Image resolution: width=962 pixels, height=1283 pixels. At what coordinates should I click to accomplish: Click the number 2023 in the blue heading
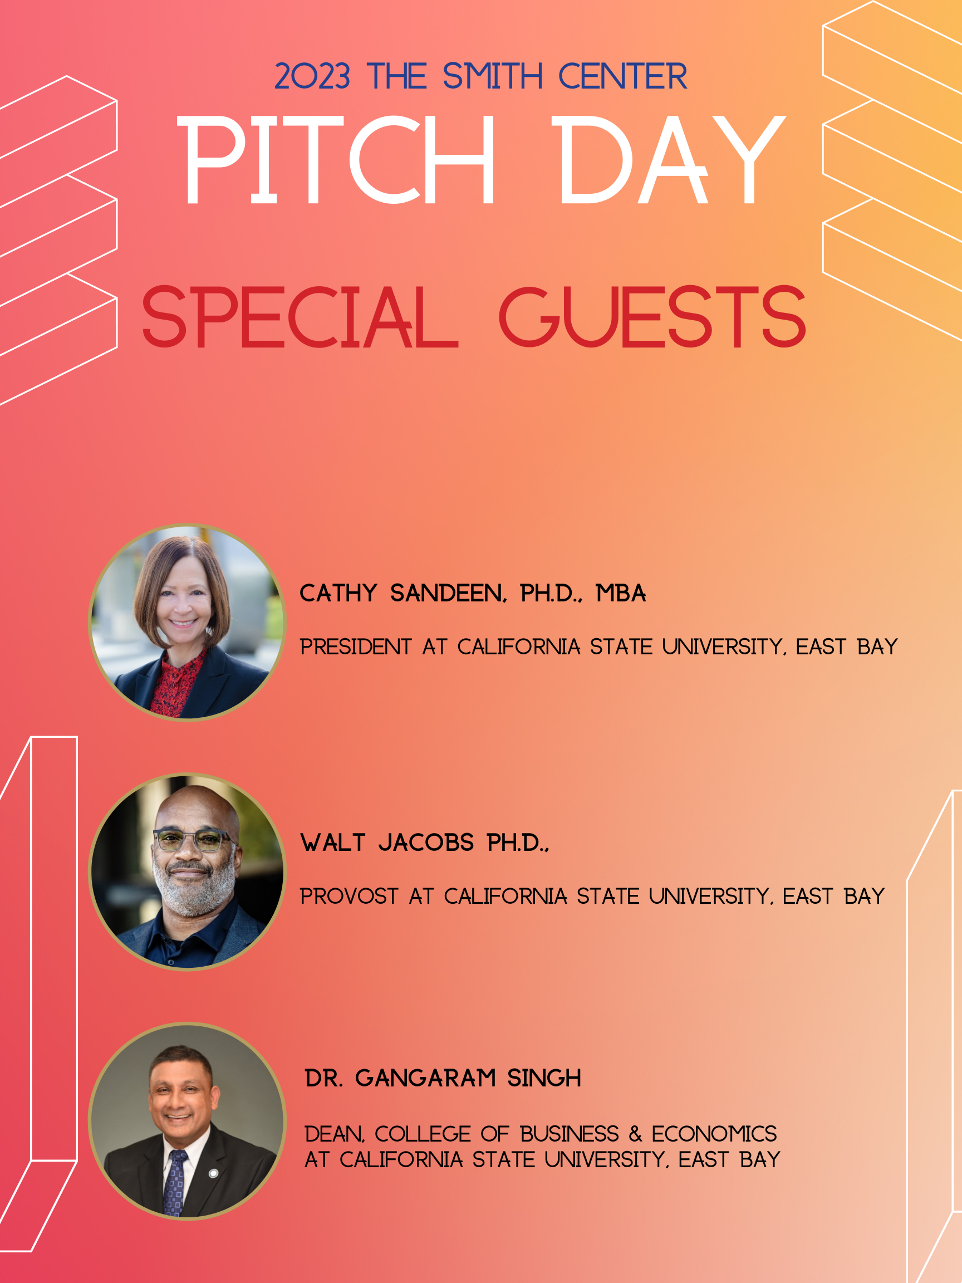point(312,76)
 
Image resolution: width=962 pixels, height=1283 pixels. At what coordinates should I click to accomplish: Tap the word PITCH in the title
point(336,159)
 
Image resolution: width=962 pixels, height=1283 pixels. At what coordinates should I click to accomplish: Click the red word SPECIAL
point(301,317)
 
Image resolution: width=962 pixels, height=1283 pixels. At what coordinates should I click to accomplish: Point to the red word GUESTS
point(652,317)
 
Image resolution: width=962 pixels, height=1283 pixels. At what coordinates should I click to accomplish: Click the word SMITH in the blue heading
point(492,76)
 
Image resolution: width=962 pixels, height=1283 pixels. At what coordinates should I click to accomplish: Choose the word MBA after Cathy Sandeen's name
point(621,594)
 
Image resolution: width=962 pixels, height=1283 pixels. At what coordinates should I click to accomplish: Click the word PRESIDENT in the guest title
point(355,647)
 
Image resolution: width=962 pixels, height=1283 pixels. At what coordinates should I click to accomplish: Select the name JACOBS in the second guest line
point(426,843)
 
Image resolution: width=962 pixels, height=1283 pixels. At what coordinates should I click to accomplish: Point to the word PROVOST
point(349,896)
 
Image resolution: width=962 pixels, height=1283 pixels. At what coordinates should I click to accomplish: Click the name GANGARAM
point(426,1078)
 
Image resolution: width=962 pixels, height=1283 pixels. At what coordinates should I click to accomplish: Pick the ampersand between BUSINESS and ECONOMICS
point(636,1134)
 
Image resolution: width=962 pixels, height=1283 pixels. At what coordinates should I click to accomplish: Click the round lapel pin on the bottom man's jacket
point(213,1173)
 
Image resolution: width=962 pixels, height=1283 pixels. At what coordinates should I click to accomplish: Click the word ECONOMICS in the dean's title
point(714,1134)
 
